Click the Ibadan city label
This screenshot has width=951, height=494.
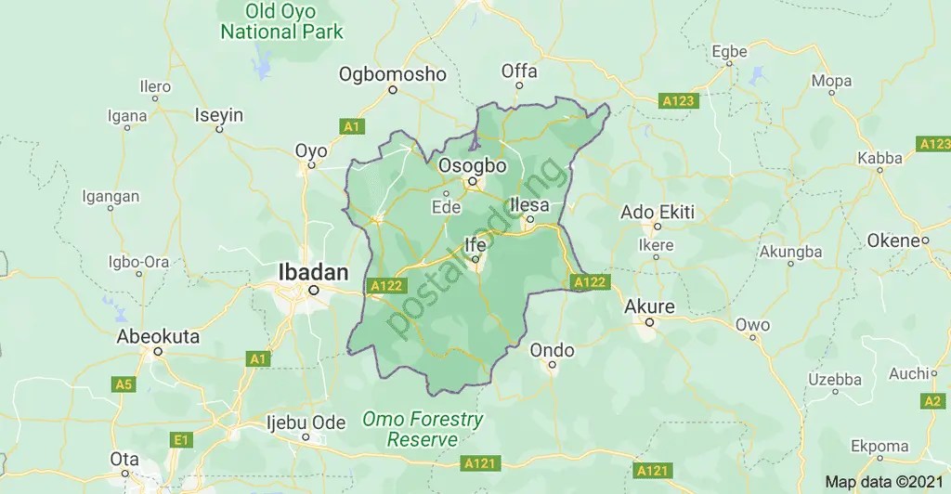tap(314, 272)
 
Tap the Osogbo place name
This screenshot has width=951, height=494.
tap(473, 166)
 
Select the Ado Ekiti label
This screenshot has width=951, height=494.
tap(658, 212)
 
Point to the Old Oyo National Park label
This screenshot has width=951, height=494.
tap(281, 22)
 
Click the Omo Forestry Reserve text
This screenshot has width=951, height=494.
tap(423, 429)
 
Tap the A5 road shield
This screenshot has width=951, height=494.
tap(123, 383)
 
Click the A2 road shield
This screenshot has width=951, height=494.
tap(932, 401)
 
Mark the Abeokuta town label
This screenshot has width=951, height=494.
tap(158, 337)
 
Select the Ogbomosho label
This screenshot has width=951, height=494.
tap(393, 73)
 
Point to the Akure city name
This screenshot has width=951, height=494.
tap(650, 306)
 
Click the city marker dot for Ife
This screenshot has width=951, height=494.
tap(475, 260)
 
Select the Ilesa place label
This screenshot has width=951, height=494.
tap(529, 205)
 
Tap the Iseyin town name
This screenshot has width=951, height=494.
tap(218, 115)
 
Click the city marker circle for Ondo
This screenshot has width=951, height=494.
tap(552, 365)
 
